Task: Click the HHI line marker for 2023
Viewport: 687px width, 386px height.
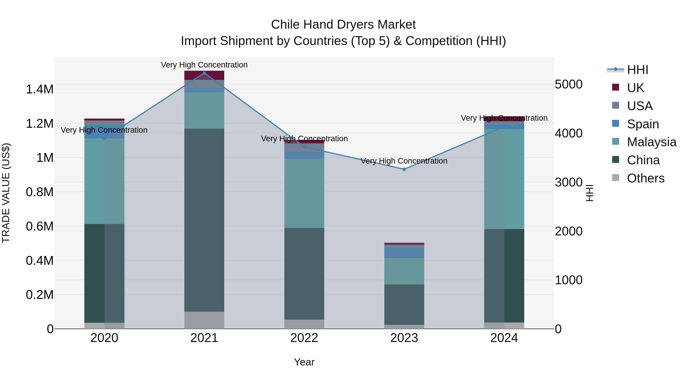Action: point(404,169)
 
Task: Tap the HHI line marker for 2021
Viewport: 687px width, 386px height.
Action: point(204,73)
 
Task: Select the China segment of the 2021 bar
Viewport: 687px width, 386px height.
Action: point(204,220)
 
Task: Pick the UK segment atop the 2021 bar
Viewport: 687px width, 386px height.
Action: point(204,75)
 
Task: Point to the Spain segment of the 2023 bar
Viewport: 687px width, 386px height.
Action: point(404,253)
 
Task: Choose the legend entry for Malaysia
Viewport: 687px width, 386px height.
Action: point(651,142)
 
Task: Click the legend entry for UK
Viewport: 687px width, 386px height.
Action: point(635,88)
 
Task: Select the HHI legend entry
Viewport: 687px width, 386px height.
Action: point(637,70)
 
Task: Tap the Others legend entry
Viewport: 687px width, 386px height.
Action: point(645,178)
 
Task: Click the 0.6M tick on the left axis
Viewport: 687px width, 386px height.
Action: point(40,226)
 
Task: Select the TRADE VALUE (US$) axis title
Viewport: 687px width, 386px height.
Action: point(6,193)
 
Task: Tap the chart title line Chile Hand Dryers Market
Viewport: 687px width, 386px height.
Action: point(343,25)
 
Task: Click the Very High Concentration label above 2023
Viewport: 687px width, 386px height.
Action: point(404,161)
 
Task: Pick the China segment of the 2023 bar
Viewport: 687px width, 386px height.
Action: point(404,304)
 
